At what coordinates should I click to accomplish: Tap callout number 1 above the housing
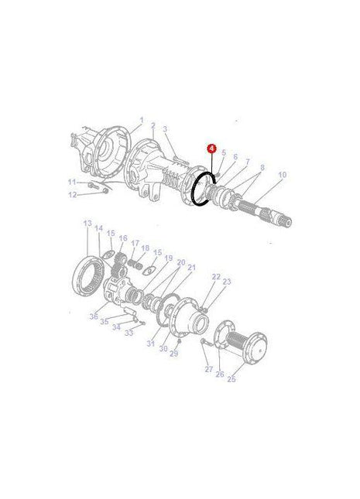click(142, 121)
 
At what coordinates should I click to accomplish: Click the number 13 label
click(87, 224)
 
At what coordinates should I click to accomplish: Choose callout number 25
click(231, 380)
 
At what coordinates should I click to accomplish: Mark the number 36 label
click(93, 315)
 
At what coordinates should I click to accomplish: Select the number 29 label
click(174, 354)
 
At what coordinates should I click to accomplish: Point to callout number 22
click(216, 277)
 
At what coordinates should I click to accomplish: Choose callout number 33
click(129, 332)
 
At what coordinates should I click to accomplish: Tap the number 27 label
click(208, 370)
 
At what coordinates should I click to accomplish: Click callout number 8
click(262, 167)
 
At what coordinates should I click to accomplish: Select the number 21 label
click(192, 268)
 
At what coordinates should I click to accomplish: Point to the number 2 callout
click(153, 125)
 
